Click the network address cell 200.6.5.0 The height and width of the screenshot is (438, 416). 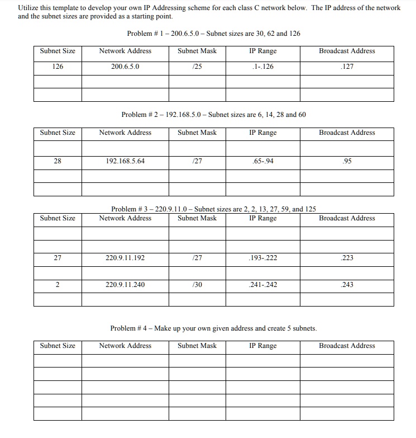coord(125,67)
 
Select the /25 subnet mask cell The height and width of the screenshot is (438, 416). coord(197,67)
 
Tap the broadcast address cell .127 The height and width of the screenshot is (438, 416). coord(347,67)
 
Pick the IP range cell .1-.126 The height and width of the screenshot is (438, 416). coord(263,67)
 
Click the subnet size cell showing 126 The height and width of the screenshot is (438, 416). coord(58,67)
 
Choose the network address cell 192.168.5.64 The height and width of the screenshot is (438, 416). coord(125,162)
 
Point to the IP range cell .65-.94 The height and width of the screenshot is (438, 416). coord(263,162)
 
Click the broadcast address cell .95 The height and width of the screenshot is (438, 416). coord(347,162)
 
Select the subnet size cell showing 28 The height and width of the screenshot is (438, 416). coord(58,162)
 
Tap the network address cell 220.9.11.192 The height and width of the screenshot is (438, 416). coord(125,258)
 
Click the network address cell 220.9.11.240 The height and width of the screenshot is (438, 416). coord(125,285)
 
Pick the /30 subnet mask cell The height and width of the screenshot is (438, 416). coord(197,285)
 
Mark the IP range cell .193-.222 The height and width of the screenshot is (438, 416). coord(263,258)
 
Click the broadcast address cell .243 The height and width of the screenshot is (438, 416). coord(347,285)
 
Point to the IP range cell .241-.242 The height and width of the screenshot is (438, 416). coord(263,285)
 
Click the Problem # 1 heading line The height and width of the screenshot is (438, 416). coord(213,34)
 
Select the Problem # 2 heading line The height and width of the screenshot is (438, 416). coord(213,115)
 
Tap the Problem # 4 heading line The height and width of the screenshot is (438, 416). coord(213,328)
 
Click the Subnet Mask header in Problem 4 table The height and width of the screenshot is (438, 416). coord(197,346)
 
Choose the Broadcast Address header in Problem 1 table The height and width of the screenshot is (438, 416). coord(347,51)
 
